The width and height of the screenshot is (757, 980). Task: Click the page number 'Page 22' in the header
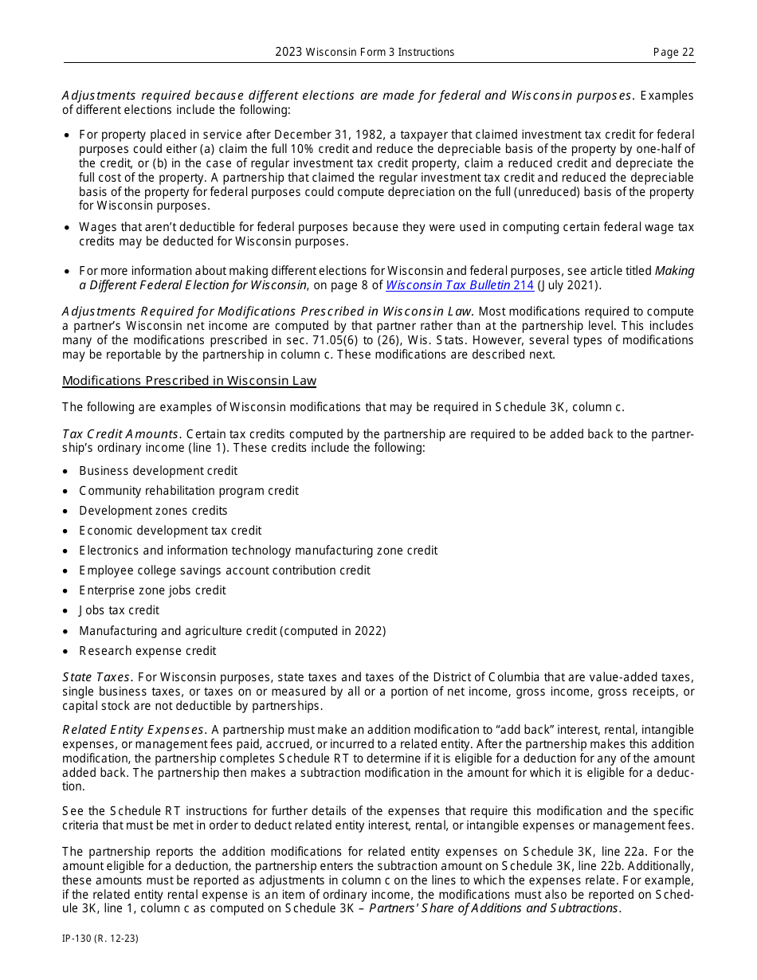pos(673,53)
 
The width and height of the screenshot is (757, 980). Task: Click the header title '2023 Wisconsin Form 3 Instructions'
pos(365,53)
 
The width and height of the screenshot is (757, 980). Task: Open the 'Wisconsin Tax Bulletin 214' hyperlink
pos(460,285)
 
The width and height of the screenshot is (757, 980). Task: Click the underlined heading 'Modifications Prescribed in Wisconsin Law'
pos(189,381)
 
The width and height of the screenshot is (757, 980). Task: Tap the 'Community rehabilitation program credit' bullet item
pos(189,491)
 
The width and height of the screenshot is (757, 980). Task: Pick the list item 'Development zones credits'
pos(153,511)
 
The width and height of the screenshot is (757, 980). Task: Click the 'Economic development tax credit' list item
pos(170,531)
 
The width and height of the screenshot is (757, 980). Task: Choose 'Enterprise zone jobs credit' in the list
pos(152,590)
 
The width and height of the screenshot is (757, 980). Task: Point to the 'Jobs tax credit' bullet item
pos(119,610)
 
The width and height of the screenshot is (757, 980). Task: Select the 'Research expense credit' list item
pos(147,651)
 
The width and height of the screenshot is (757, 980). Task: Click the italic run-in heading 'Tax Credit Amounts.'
pos(122,434)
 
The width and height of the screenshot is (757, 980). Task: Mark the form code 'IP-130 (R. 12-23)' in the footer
pos(100,939)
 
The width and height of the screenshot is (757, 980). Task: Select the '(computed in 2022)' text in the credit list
pos(333,631)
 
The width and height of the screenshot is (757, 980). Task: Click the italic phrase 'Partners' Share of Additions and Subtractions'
pos(494,909)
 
